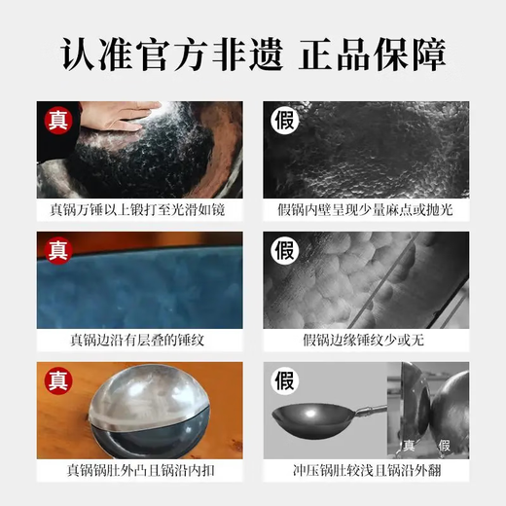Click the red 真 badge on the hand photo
click(x=56, y=121)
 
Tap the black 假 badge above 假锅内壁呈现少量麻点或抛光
click(x=284, y=121)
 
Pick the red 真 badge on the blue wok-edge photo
click(x=56, y=251)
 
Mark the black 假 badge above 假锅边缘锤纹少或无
click(x=284, y=251)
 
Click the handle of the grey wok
click(x=365, y=413)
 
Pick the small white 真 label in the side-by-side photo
click(x=410, y=446)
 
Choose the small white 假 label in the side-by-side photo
click(x=445, y=446)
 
